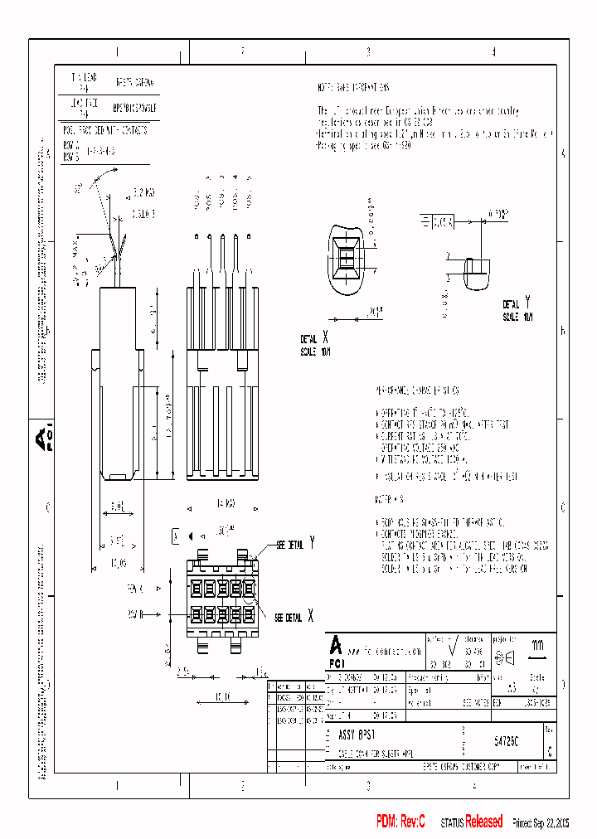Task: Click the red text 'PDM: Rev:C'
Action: tap(400, 822)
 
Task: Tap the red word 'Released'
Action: tap(483, 822)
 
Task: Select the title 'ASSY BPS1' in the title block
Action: tap(357, 735)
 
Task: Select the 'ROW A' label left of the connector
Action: tap(136, 588)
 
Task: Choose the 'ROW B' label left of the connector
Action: tap(136, 615)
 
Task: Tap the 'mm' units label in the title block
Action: tap(537, 643)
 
